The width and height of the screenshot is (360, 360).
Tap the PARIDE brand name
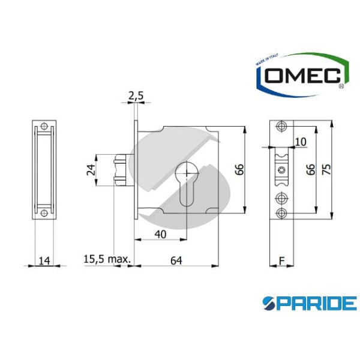point(310,302)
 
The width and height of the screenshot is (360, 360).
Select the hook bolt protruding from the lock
point(121,170)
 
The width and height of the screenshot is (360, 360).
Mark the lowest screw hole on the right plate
point(281,212)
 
